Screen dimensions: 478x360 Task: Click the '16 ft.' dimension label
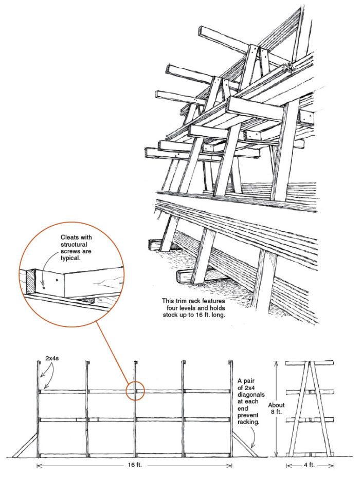135,466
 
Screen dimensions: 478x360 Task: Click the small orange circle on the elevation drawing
135,391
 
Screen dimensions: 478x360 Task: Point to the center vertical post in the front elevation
135,411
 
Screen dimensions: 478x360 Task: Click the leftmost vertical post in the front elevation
39,411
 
